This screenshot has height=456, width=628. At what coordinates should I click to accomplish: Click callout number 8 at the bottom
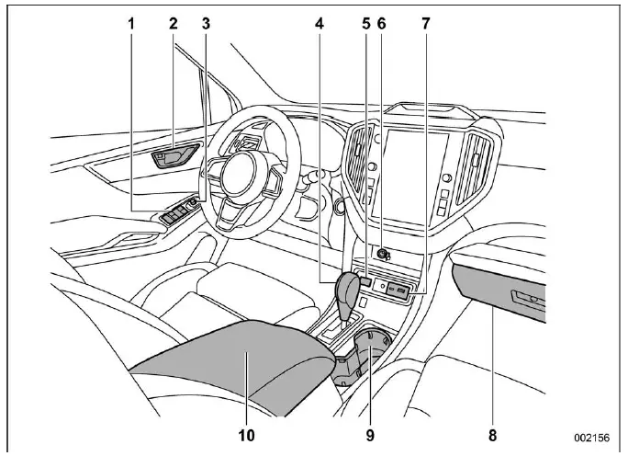tap(494, 431)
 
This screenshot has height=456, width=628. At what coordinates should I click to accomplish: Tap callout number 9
tap(370, 431)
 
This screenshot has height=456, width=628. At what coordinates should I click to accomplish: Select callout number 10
tap(247, 431)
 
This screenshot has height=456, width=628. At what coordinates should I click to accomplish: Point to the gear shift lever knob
tap(350, 292)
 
